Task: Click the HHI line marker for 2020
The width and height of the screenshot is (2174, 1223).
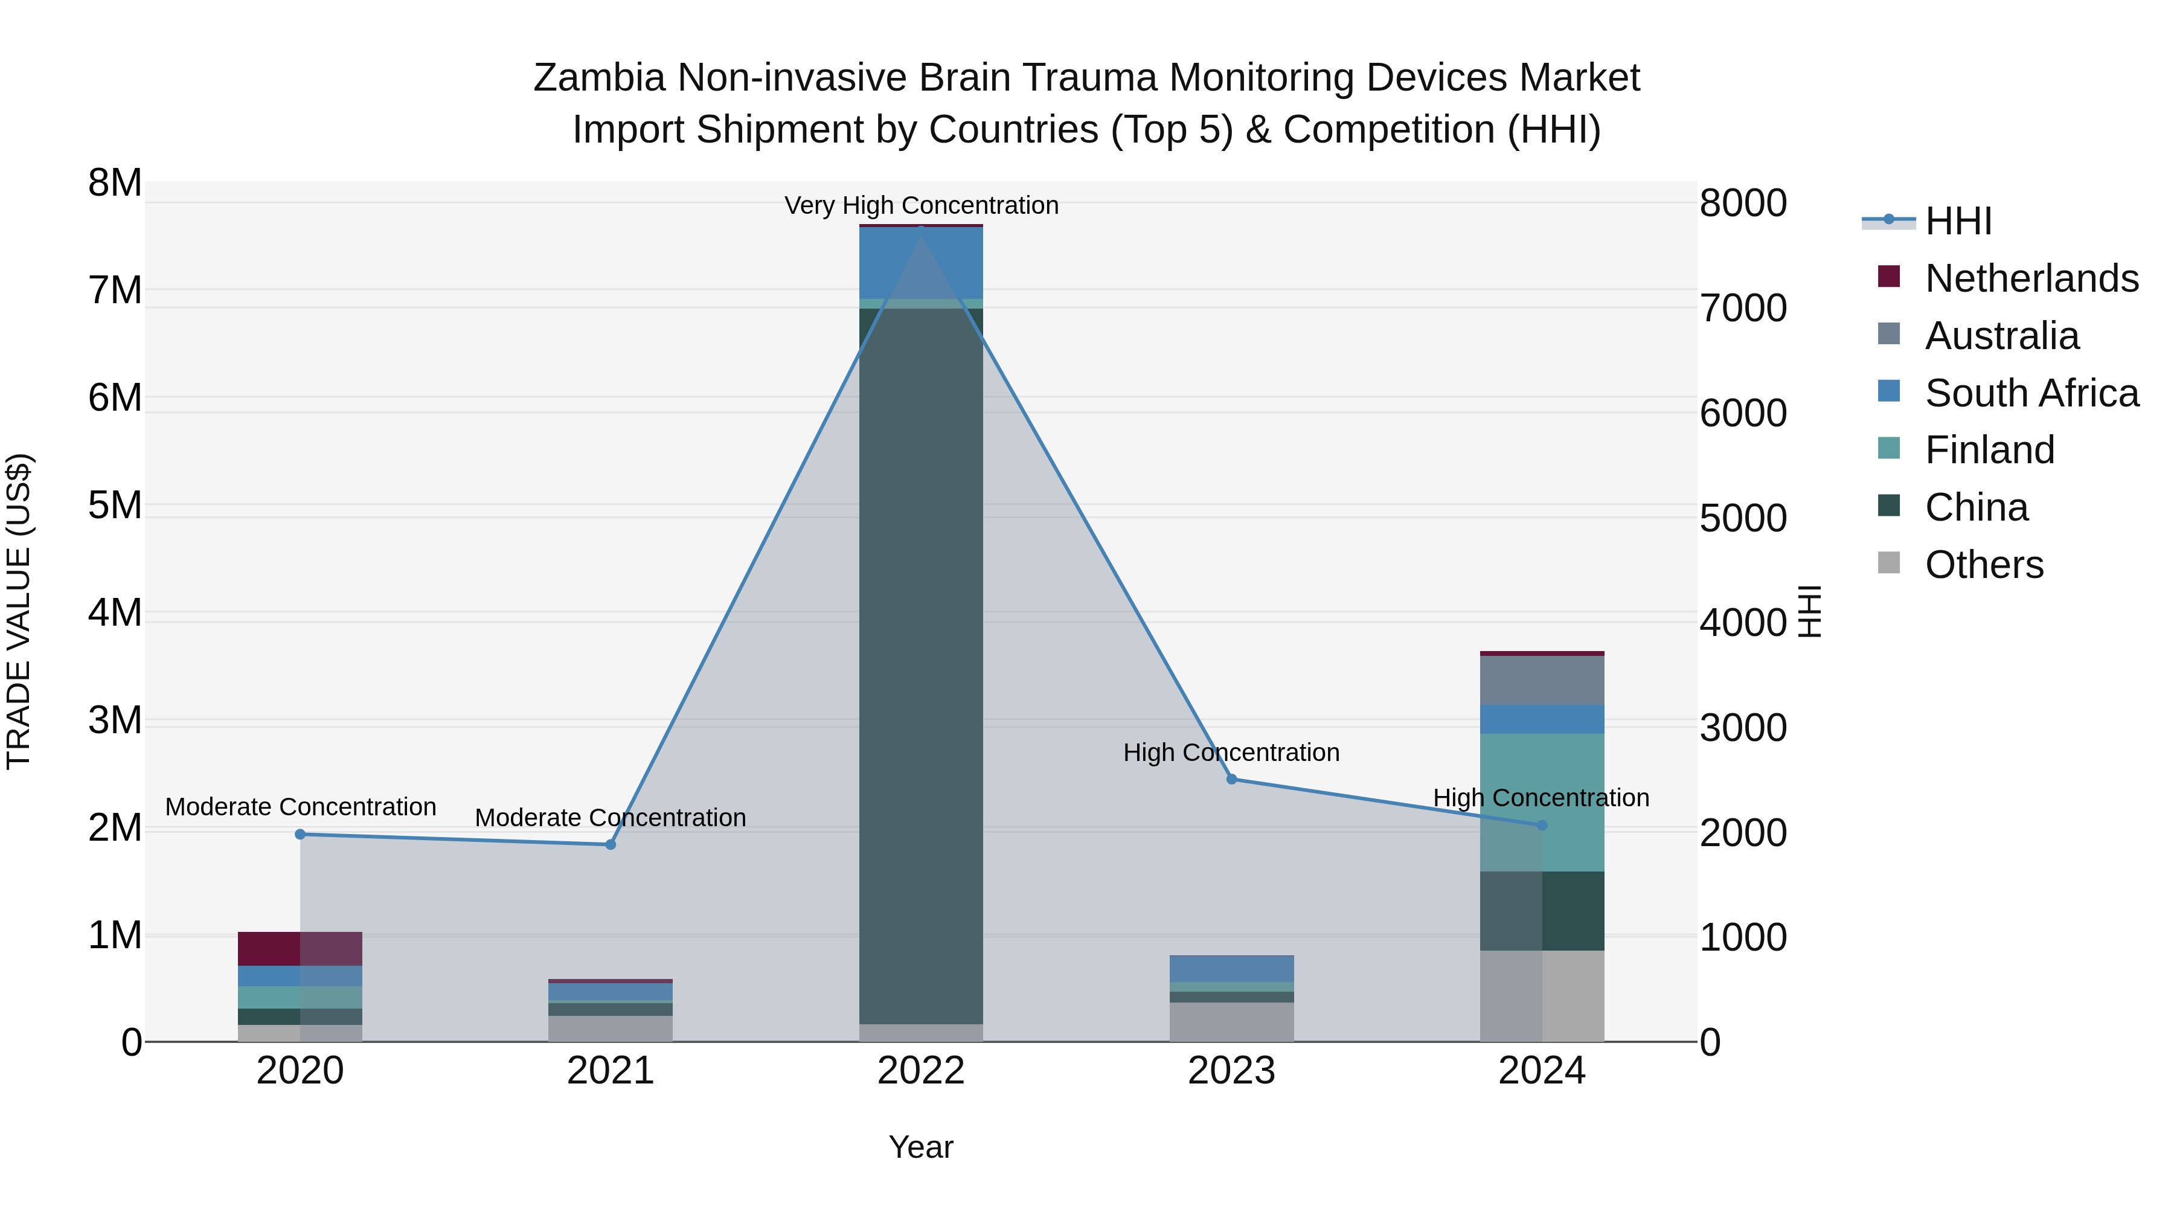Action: pyautogui.click(x=301, y=834)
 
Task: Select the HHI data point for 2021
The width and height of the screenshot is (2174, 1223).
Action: pyautogui.click(x=611, y=844)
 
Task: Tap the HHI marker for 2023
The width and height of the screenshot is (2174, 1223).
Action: pyautogui.click(x=1231, y=779)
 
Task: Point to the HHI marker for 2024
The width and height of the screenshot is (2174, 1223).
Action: pyautogui.click(x=1542, y=824)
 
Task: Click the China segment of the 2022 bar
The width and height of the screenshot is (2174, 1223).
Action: pyautogui.click(x=921, y=667)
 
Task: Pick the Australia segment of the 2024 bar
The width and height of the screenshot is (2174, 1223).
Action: pyautogui.click(x=1542, y=680)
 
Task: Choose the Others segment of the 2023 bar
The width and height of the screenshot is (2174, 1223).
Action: pyautogui.click(x=1231, y=1022)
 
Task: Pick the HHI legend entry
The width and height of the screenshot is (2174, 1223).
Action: pyautogui.click(x=1958, y=221)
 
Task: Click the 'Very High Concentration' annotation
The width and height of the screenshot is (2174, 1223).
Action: pyautogui.click(x=921, y=206)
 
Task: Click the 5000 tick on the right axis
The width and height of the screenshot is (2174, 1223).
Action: pyautogui.click(x=1743, y=518)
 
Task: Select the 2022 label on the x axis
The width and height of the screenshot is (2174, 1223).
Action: pyautogui.click(x=921, y=1071)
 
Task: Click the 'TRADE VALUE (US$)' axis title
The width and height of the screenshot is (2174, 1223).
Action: pyautogui.click(x=19, y=611)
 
